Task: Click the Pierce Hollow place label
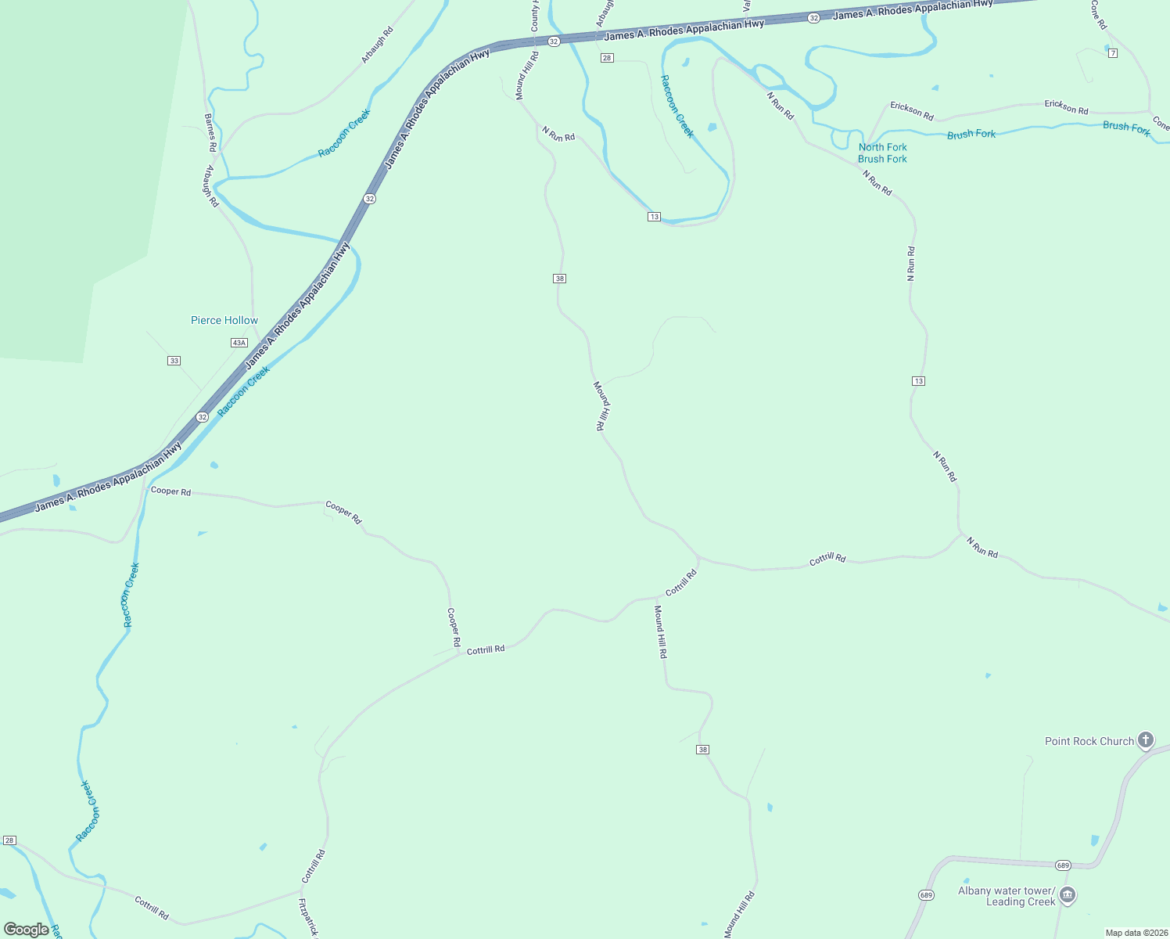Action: [224, 320]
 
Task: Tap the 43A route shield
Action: [239, 343]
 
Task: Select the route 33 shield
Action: [174, 361]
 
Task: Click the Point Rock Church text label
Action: [1089, 741]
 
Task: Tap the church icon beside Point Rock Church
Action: [1145, 739]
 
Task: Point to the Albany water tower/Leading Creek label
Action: [1007, 896]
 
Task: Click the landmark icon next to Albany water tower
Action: [1068, 895]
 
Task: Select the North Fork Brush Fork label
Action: [882, 153]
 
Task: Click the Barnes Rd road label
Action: [210, 132]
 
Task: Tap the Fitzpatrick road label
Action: [308, 917]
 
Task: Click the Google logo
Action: [26, 930]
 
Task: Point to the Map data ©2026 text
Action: [1135, 933]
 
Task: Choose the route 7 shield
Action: [1113, 53]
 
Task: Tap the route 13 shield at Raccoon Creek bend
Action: [654, 217]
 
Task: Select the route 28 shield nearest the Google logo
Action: [9, 840]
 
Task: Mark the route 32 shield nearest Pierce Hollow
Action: [203, 417]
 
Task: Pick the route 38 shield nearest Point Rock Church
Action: [702, 750]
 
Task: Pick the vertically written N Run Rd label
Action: [911, 264]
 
